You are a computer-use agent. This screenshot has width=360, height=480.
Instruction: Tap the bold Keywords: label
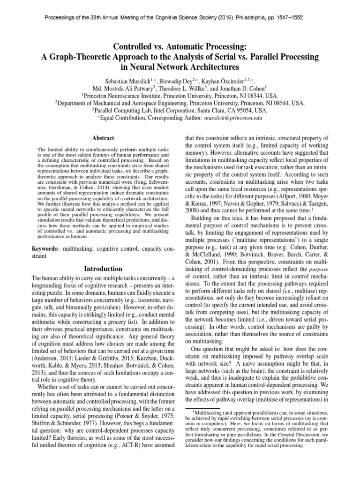45,247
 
